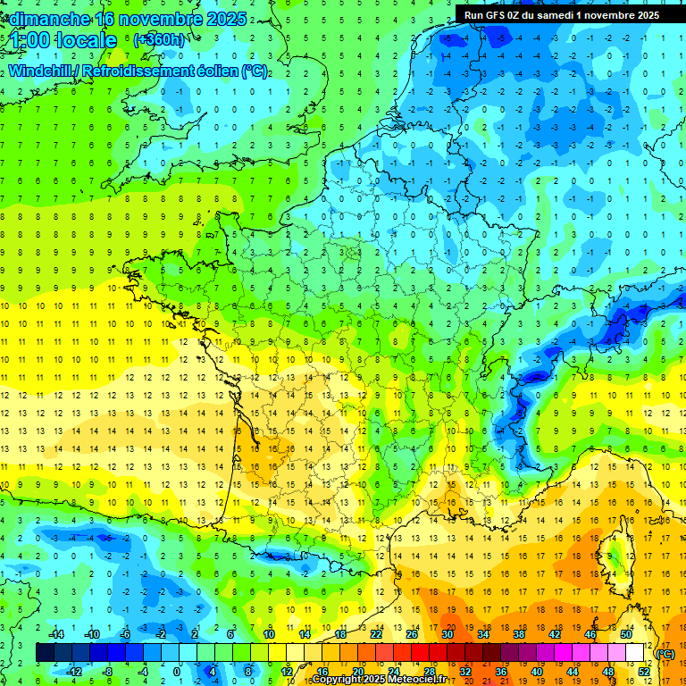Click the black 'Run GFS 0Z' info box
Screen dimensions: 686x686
[561, 14]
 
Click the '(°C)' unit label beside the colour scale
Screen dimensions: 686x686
[665, 654]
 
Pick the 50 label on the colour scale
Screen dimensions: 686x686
[625, 634]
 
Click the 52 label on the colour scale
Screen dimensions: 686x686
[643, 672]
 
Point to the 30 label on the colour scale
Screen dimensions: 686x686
[447, 634]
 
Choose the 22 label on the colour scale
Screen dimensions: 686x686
[376, 634]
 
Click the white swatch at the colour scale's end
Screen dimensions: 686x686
[634, 653]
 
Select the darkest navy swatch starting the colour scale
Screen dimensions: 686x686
[45, 653]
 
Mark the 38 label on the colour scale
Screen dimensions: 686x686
[518, 634]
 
